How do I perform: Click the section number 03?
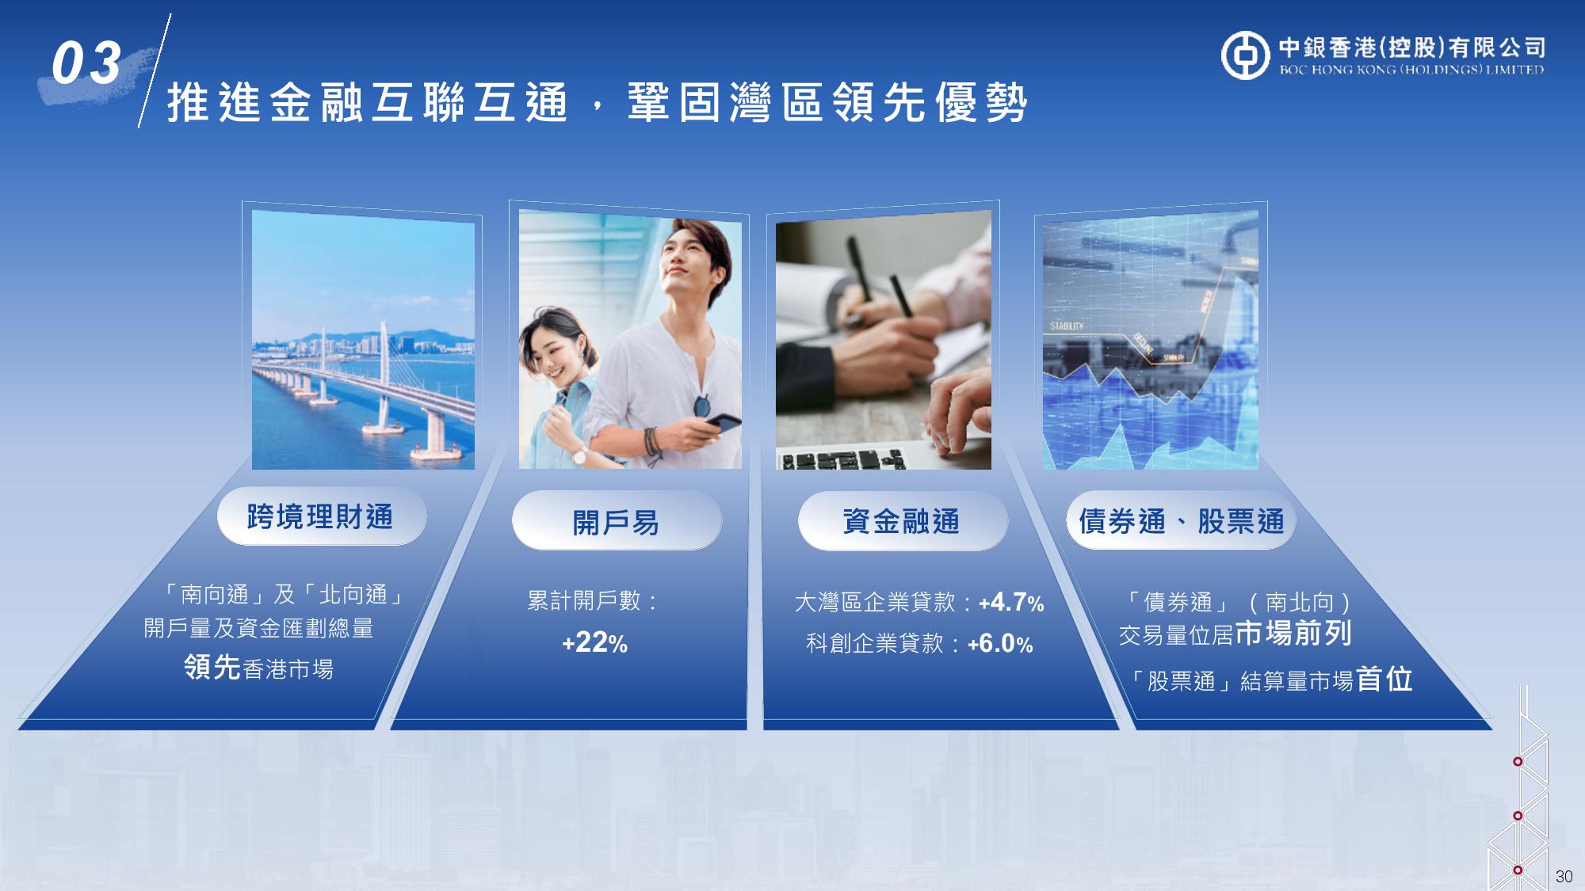click(x=86, y=63)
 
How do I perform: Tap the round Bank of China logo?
click(x=1245, y=55)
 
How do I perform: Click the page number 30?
click(x=1564, y=876)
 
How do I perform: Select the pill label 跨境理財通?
click(x=321, y=517)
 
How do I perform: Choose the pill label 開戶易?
click(x=617, y=522)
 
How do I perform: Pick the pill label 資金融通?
click(x=902, y=521)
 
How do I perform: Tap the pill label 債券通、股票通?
click(x=1181, y=521)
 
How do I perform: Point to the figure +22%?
click(x=594, y=642)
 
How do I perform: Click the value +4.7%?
click(x=1011, y=603)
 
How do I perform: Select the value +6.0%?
click(x=1000, y=644)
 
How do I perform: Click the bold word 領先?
click(x=212, y=667)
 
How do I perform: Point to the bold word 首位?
click(x=1384, y=679)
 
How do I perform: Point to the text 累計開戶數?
click(x=584, y=600)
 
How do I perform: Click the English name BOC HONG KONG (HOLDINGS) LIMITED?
click(x=1411, y=70)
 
